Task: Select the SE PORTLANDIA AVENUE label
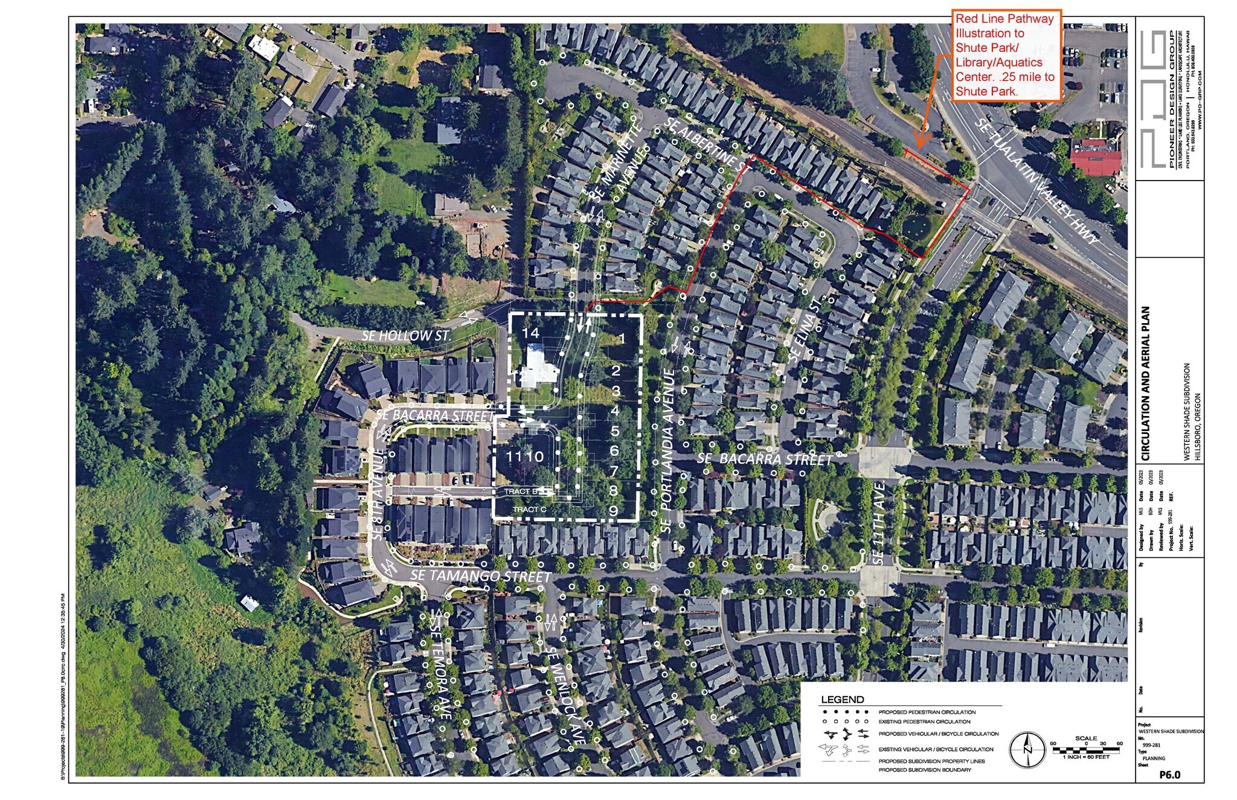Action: (x=667, y=450)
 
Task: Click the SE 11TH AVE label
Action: (x=879, y=523)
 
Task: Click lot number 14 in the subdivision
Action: (x=530, y=333)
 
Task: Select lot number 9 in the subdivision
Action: (x=613, y=511)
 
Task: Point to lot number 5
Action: (x=615, y=430)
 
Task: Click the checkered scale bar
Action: (x=1085, y=750)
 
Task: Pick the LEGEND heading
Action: (x=842, y=700)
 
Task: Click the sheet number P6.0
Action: (x=1169, y=775)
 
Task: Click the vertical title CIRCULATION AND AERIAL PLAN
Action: (x=1146, y=383)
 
